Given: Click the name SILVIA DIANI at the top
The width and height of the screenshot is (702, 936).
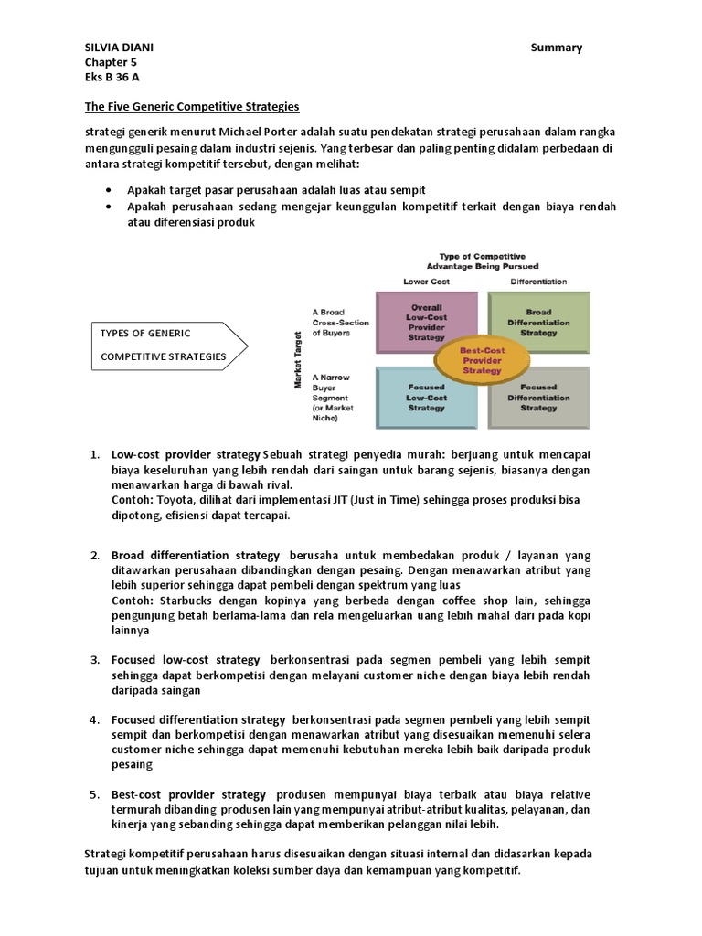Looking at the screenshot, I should click(118, 48).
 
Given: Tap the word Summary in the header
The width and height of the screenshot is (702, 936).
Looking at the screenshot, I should click(557, 48).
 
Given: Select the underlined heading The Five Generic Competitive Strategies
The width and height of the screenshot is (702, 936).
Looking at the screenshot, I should click(193, 107).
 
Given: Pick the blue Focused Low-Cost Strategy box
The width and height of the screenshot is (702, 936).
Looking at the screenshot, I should click(427, 397).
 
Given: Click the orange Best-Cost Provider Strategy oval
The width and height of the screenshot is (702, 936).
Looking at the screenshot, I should click(483, 359).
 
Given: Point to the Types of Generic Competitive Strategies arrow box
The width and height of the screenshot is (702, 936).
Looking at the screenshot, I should click(165, 345).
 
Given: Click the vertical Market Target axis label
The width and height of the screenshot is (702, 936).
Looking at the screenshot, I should click(298, 359).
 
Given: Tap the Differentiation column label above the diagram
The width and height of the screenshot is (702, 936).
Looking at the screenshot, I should click(538, 282).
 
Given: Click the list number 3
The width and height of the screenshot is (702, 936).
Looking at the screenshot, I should click(94, 659).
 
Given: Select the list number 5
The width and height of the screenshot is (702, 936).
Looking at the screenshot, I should click(94, 794).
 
